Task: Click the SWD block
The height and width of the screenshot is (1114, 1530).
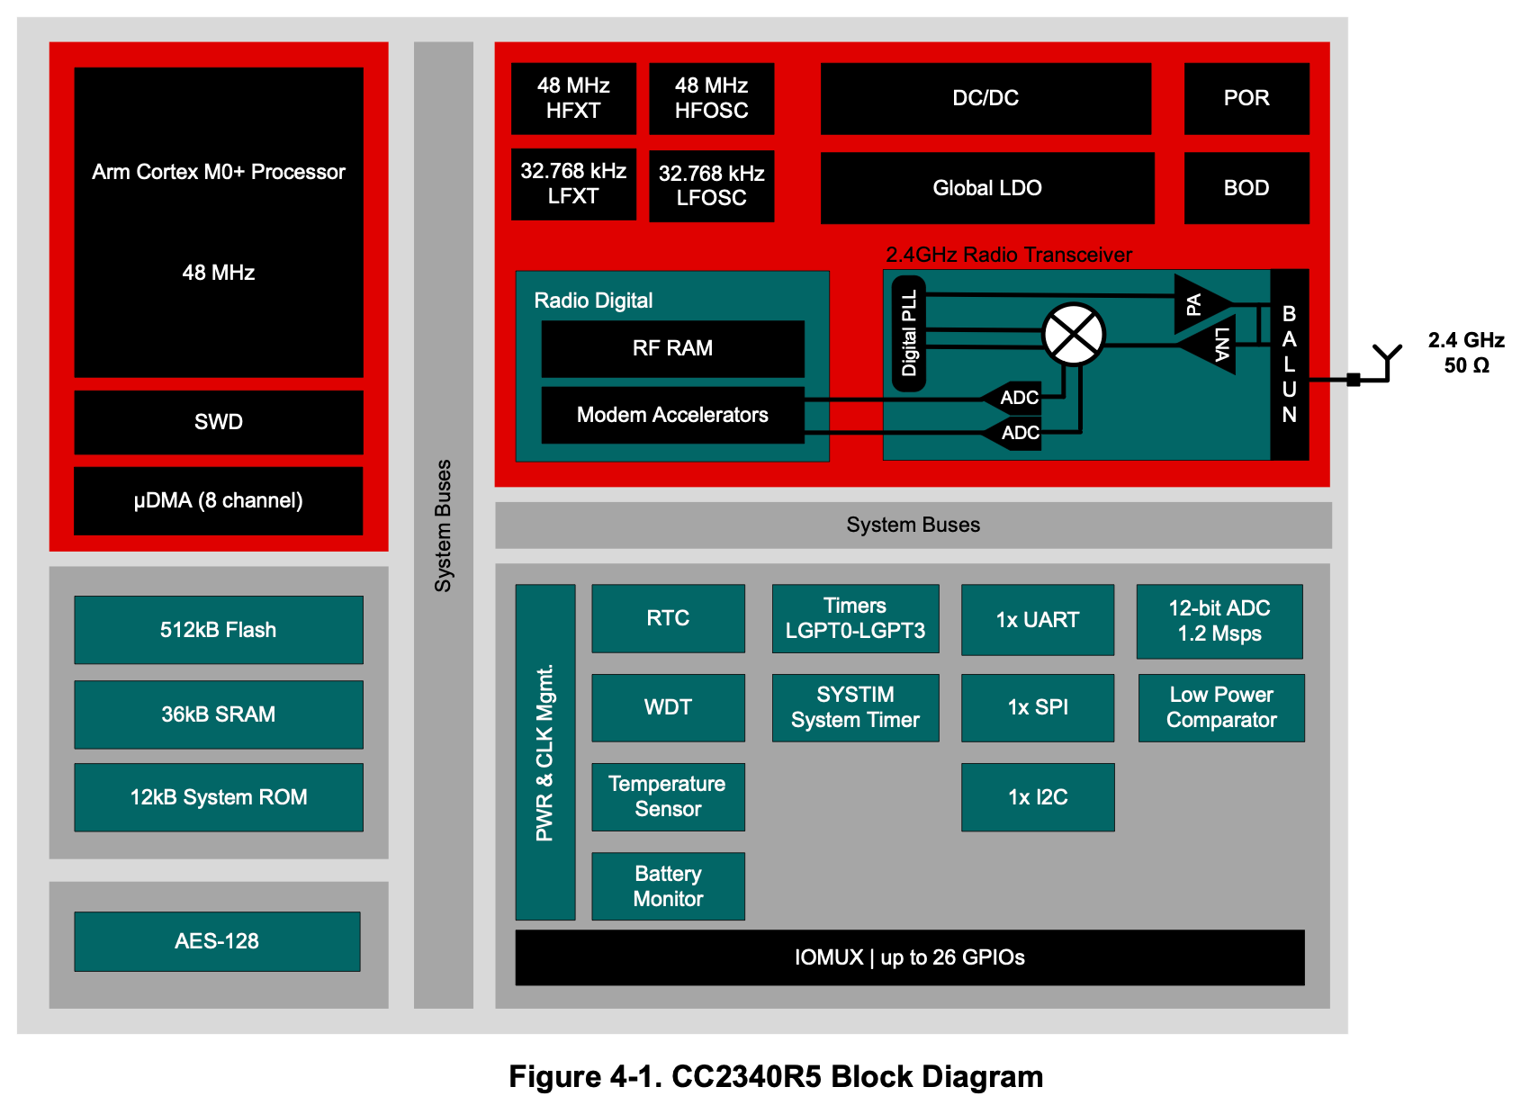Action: click(219, 422)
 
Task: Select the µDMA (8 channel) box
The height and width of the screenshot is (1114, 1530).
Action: click(219, 500)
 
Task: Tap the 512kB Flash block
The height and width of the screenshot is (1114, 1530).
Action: click(219, 630)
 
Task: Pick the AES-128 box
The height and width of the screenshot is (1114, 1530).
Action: click(217, 941)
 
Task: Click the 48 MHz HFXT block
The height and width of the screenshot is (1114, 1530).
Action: click(573, 98)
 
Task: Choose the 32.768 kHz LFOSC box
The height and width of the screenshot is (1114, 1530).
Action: click(711, 185)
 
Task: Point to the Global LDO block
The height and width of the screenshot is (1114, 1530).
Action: click(987, 188)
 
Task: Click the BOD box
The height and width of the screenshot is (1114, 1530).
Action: click(1246, 188)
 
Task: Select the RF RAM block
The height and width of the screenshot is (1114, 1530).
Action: click(672, 348)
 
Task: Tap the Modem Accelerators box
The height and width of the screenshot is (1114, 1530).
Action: click(672, 415)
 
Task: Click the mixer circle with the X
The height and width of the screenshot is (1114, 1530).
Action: click(1074, 335)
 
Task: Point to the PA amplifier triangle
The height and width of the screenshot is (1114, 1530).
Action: click(1198, 304)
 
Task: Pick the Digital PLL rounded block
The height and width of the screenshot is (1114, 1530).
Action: click(909, 333)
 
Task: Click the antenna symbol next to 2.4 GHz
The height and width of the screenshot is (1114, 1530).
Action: click(1387, 360)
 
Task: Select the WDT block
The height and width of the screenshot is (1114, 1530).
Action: click(668, 707)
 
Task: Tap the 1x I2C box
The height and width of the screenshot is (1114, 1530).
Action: click(1038, 797)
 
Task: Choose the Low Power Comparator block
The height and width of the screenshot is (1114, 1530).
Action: click(1221, 707)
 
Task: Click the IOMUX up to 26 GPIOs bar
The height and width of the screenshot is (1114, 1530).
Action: click(909, 957)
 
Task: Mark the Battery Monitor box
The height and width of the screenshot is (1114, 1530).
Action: click(668, 886)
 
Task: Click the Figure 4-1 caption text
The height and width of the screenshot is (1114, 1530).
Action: click(776, 1077)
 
